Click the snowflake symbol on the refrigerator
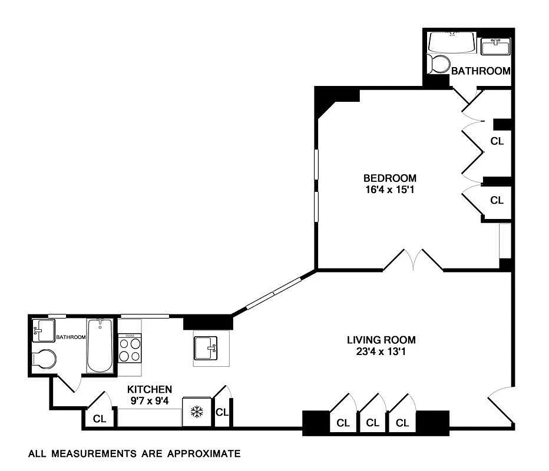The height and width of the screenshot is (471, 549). (197, 412)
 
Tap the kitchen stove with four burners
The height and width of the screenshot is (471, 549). (130, 348)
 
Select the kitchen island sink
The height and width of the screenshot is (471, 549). (206, 348)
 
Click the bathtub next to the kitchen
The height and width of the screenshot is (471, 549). (100, 346)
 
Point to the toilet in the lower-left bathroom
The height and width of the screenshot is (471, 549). (44, 359)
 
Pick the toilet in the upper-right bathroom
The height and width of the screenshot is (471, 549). (438, 64)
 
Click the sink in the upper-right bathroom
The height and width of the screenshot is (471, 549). (495, 47)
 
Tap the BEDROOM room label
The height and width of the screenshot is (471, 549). (390, 178)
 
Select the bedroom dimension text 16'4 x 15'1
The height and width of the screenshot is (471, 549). (390, 190)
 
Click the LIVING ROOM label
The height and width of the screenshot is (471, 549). (381, 340)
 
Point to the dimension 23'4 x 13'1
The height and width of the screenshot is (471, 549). (381, 351)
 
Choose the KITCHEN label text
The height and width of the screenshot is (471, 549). (150, 390)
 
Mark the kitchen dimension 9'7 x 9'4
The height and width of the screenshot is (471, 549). (150, 401)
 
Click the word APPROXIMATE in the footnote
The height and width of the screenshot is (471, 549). (204, 454)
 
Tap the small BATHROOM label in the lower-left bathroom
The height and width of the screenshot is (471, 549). (71, 337)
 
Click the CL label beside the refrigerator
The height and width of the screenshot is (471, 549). (222, 413)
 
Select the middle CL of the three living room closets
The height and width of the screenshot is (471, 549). (372, 423)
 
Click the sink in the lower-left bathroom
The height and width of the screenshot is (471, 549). (44, 330)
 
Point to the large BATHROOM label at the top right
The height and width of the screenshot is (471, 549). (481, 71)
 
